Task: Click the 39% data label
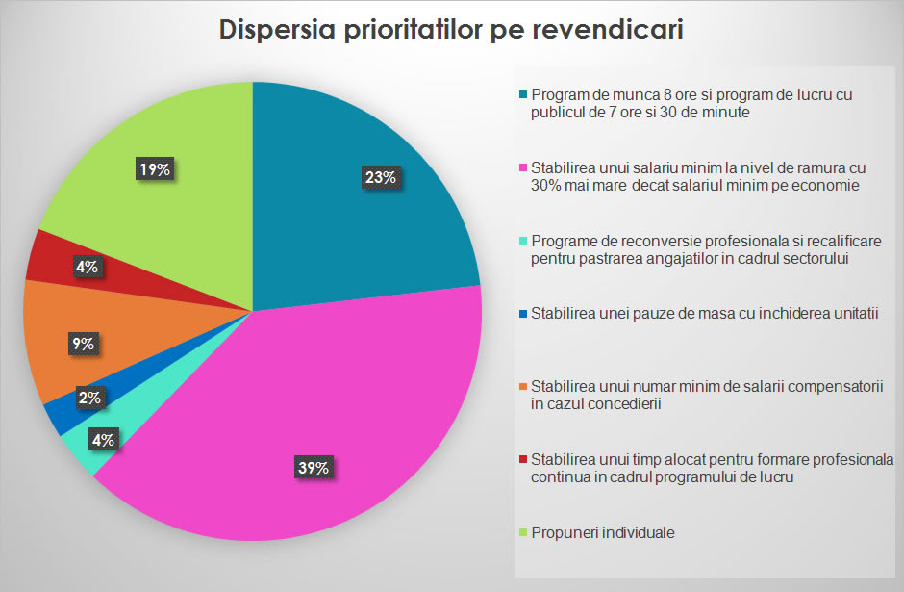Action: click(314, 469)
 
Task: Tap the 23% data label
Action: click(380, 177)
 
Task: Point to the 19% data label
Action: click(155, 169)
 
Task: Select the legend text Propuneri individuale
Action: click(602, 532)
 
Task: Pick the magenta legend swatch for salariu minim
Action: click(523, 169)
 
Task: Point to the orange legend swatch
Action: click(523, 387)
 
